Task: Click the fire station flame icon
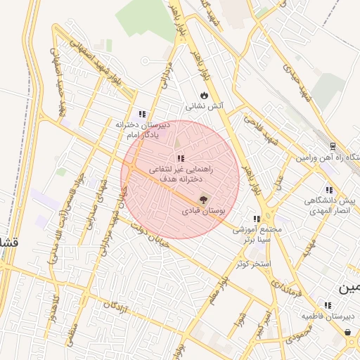(204, 95)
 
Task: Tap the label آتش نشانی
(204, 107)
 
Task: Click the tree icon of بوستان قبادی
(205, 200)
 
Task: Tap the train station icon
(333, 146)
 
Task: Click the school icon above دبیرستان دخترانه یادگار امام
(142, 113)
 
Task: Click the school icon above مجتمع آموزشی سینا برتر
(257, 219)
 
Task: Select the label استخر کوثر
(253, 264)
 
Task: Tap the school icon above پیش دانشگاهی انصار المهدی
(328, 190)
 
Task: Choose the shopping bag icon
(347, 332)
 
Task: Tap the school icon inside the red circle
(180, 158)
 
